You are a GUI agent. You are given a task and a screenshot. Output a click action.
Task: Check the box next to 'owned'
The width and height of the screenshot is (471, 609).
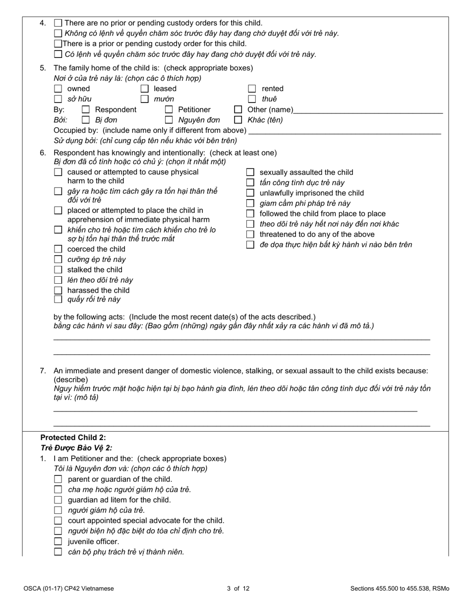tap(58, 89)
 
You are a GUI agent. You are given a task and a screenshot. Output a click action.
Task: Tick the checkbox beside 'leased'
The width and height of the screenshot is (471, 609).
tap(145, 89)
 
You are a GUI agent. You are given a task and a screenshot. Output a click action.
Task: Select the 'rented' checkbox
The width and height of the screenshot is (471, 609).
tap(252, 89)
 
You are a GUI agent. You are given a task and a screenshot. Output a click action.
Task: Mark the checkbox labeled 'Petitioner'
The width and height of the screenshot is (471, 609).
tap(169, 109)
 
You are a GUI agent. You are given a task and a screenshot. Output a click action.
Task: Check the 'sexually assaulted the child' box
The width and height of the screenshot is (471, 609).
tap(250, 172)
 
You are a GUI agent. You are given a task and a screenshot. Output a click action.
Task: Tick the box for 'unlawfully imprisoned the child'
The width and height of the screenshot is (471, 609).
tap(250, 193)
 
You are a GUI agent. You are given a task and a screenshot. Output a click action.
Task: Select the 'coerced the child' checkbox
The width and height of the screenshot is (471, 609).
tap(58, 249)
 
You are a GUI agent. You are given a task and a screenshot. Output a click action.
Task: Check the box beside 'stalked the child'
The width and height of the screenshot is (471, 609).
tap(58, 270)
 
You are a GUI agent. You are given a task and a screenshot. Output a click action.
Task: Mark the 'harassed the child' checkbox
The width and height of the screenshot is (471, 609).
tap(58, 291)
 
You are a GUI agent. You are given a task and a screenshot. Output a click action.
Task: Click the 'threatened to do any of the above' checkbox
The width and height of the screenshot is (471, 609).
tap(250, 234)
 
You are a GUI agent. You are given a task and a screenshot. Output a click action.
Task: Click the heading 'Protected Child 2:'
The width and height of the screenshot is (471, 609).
tap(73, 438)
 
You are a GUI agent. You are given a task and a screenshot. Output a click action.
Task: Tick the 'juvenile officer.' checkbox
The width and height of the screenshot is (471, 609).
tap(58, 542)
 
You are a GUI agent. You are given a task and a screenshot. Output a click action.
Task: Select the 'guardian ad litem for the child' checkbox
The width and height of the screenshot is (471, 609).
tap(58, 500)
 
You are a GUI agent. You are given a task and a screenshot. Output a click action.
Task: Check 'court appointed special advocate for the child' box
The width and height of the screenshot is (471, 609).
tap(58, 521)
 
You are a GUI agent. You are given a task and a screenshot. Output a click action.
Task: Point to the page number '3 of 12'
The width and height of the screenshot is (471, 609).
tap(238, 589)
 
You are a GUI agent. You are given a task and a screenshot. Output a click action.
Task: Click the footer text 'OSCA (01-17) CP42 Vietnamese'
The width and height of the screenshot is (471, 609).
tap(68, 589)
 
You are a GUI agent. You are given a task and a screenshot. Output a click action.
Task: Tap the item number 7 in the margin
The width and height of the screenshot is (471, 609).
tap(43, 370)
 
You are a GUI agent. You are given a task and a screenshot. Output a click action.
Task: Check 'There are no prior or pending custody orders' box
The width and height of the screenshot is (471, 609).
tap(58, 23)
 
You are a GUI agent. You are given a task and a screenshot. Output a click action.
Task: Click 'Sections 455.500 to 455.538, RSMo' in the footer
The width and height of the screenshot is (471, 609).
tap(399, 589)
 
